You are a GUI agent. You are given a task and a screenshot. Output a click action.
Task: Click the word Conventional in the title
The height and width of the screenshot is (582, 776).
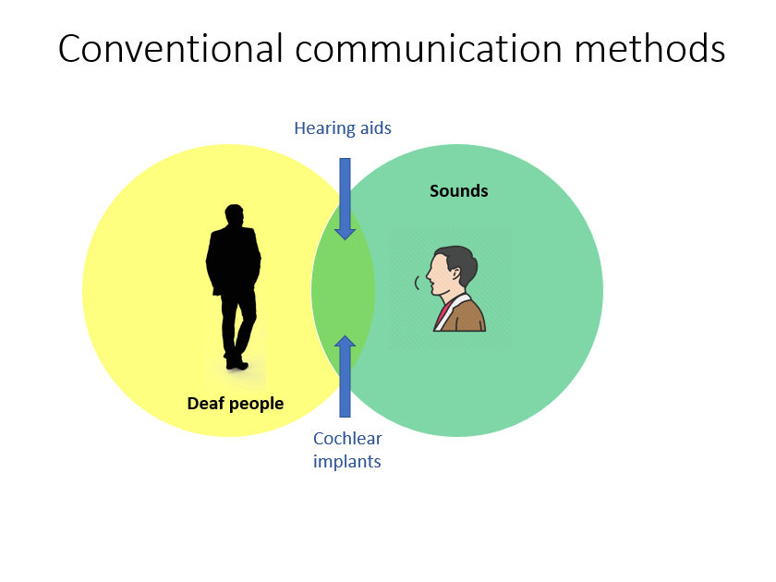tap(171, 48)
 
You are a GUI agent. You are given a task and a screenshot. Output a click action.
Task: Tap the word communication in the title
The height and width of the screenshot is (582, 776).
tap(429, 48)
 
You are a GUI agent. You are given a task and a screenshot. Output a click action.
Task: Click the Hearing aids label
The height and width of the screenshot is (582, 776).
tap(343, 128)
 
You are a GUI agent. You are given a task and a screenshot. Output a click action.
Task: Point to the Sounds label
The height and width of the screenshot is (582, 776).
tap(459, 191)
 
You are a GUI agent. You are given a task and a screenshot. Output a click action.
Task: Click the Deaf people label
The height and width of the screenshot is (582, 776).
tap(236, 404)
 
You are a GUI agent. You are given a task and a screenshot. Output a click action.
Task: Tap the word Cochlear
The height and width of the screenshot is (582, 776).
tap(347, 439)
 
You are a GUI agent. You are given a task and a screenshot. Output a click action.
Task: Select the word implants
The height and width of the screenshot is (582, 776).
tap(347, 462)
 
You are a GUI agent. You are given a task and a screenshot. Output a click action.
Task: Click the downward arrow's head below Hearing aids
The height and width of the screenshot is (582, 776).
tap(345, 234)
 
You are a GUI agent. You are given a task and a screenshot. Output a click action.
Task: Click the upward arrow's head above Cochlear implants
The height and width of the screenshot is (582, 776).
tap(345, 342)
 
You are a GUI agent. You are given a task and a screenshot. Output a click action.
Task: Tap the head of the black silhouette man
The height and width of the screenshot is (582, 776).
tap(234, 214)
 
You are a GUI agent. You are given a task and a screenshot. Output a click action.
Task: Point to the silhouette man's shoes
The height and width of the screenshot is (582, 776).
tap(236, 363)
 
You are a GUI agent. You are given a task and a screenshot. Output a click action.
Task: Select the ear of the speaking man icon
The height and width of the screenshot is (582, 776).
tap(455, 273)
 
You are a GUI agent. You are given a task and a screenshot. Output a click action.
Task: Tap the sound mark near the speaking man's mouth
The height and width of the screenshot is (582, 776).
tap(418, 283)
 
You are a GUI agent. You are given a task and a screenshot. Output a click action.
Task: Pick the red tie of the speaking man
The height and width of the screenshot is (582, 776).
tap(445, 310)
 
